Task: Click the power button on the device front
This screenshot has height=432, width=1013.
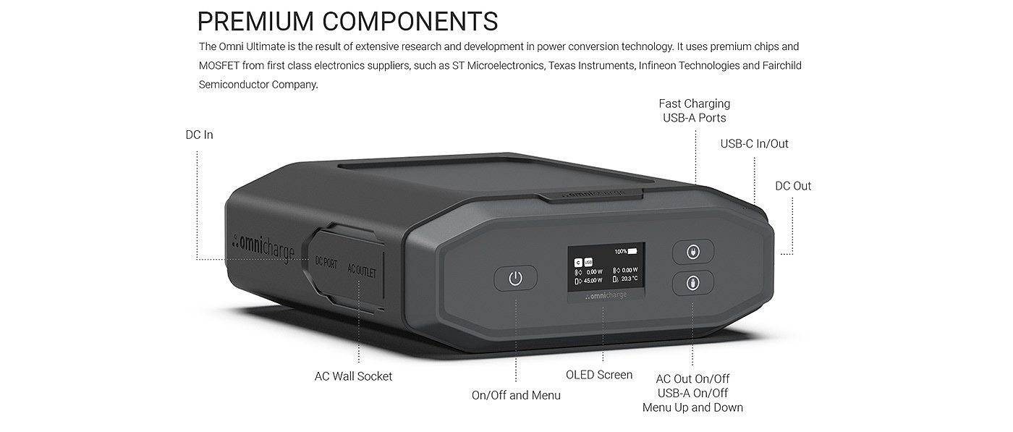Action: tap(515, 278)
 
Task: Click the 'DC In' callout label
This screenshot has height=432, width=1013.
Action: tap(199, 135)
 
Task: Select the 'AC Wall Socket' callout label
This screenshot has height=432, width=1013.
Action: tap(353, 376)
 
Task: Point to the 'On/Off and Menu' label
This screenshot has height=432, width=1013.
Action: tap(516, 395)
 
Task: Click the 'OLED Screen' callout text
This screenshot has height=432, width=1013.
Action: tap(599, 375)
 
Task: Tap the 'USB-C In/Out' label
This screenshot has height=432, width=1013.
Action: tap(754, 143)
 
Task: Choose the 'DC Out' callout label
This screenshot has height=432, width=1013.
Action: tap(793, 186)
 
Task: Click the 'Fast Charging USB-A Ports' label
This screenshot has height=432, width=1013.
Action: tap(694, 111)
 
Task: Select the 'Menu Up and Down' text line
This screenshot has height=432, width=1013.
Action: tap(692, 407)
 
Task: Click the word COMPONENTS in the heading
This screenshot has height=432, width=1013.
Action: tap(410, 21)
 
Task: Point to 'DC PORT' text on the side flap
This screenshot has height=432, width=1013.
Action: tap(326, 263)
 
